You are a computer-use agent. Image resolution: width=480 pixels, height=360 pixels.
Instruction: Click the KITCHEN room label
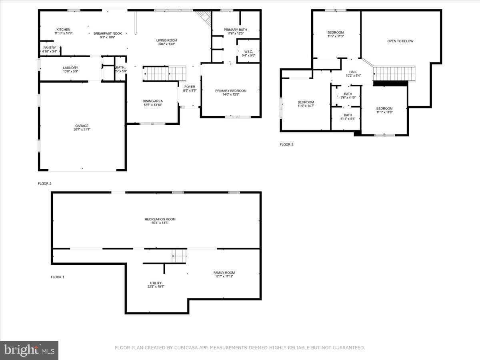(64, 30)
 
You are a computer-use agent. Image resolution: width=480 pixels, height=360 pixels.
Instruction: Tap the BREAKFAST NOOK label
(108, 34)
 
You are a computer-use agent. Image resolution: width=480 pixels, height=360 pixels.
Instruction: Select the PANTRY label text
(50, 48)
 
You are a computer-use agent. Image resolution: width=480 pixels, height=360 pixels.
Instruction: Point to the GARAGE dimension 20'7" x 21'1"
(82, 129)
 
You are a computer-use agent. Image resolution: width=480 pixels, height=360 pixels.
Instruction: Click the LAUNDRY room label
(70, 68)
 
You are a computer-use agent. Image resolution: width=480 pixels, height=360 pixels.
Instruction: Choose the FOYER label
(190, 87)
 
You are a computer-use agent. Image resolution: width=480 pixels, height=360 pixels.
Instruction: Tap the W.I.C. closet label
(248, 52)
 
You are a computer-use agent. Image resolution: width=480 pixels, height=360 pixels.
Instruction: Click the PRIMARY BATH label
(235, 30)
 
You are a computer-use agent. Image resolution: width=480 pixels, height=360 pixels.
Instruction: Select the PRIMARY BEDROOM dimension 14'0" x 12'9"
(231, 94)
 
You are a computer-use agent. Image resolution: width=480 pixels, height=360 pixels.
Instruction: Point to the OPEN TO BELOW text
(400, 41)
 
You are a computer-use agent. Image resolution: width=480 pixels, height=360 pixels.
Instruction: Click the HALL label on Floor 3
(353, 72)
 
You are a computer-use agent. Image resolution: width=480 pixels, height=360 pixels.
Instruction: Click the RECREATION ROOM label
(160, 219)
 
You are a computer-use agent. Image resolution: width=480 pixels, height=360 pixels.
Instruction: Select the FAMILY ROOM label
(224, 272)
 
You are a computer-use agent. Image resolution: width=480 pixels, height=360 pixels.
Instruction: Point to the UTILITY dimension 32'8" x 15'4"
(156, 286)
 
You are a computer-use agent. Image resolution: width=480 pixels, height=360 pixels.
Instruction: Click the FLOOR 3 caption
(286, 144)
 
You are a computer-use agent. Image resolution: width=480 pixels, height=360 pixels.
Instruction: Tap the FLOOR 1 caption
(58, 277)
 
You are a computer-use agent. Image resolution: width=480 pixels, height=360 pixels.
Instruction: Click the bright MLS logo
(29, 350)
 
